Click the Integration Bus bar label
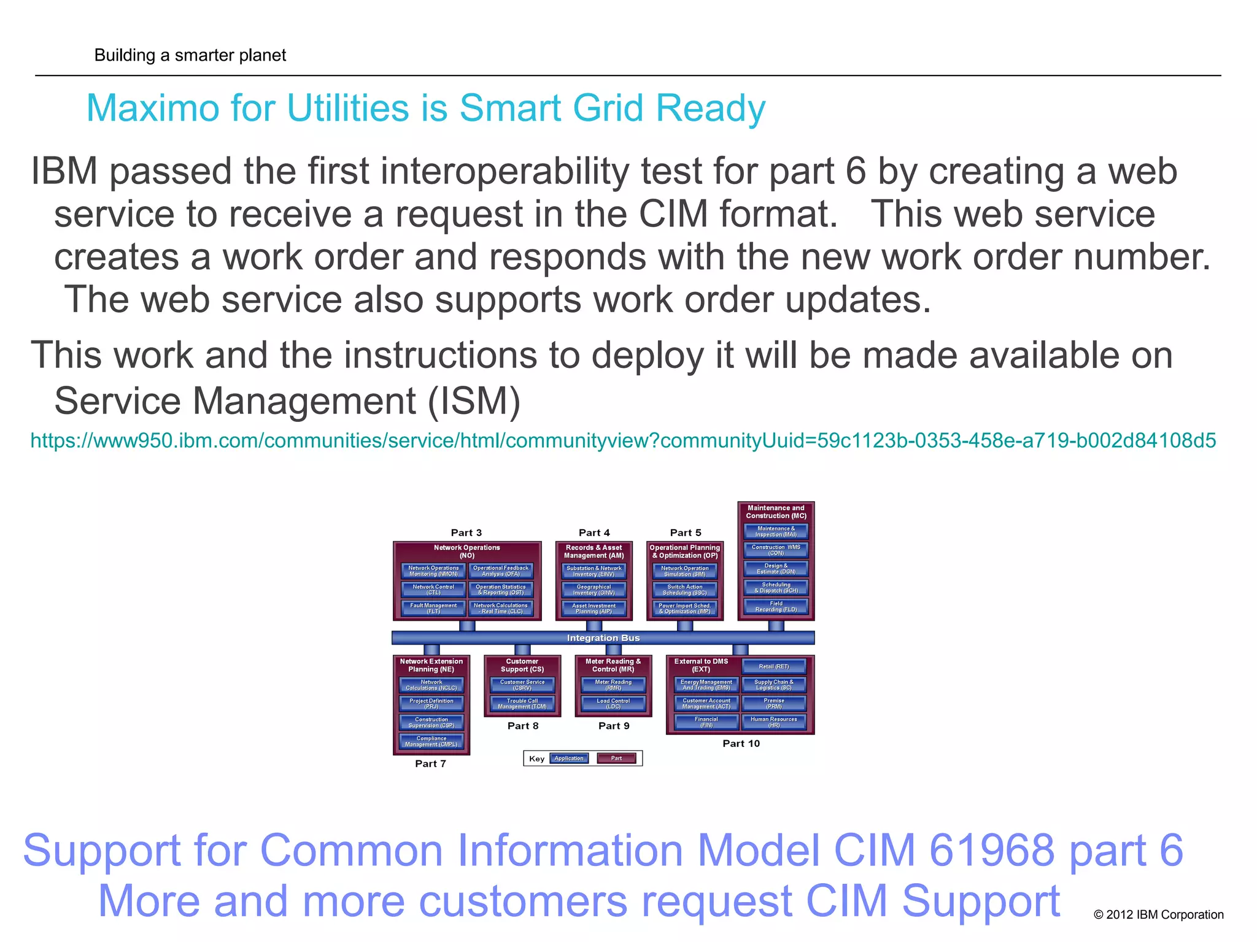603,638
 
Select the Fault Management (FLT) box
433,608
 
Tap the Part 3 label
466,533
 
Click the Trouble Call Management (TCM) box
522,703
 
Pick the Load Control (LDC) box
613,703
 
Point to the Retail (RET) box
774,667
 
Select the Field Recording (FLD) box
776,607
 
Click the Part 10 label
741,743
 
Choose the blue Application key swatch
569,759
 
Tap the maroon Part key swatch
616,759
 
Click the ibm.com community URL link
622,440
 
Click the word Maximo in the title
152,109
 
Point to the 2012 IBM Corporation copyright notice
1158,914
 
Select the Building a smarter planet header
190,55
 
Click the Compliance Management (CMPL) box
431,741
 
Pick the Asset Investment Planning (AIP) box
594,608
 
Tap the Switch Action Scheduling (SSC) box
685,590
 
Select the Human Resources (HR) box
774,722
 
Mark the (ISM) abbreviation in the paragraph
474,402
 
